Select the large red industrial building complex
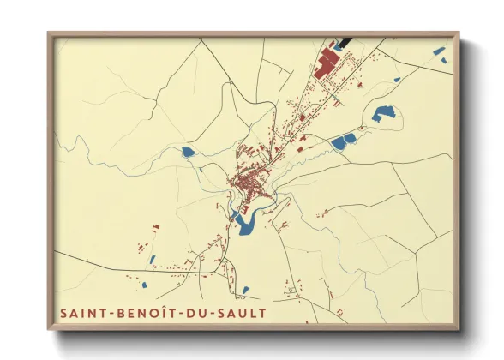tap(328, 61)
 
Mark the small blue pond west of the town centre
tap(188, 153)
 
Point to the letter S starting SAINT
tap(63, 313)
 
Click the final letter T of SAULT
tap(262, 313)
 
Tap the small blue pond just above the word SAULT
tap(246, 290)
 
